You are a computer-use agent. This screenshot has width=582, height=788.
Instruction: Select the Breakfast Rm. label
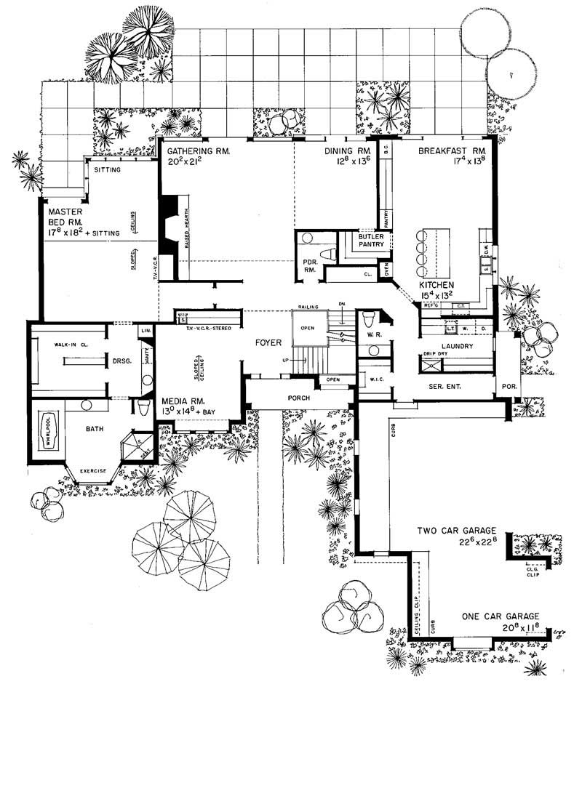coord(451,151)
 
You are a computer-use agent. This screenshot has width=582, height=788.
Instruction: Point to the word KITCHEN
coord(436,285)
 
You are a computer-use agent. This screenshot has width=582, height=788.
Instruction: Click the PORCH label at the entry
coord(299,398)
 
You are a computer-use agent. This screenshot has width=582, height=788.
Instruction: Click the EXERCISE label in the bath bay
coord(92,470)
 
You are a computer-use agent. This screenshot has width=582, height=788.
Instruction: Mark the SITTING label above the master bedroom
coord(108,170)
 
